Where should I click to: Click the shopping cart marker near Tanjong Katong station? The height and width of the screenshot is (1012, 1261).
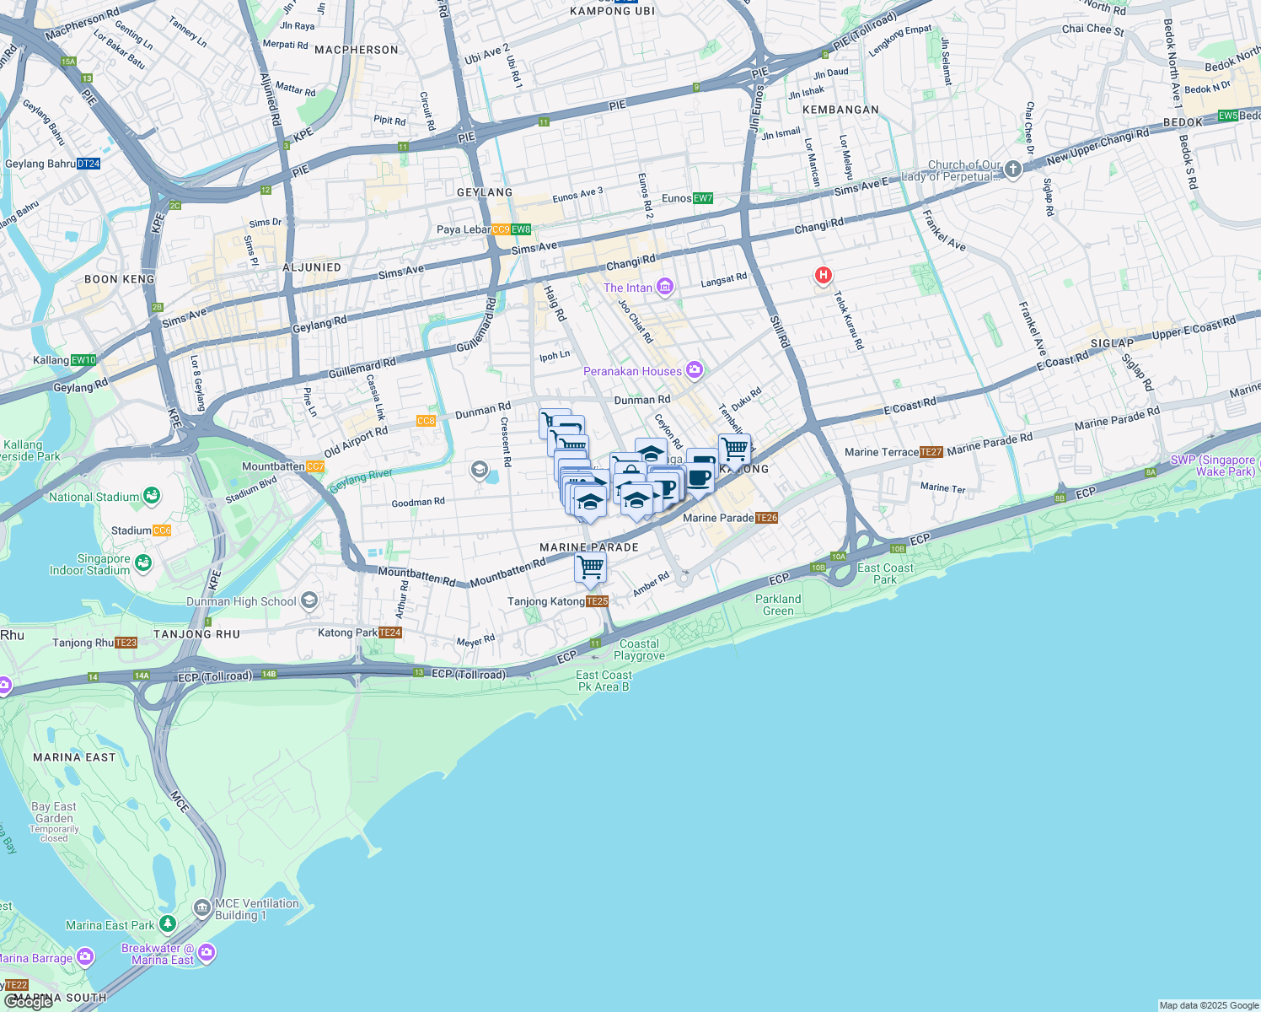click(x=590, y=568)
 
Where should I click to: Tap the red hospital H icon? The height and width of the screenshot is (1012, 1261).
click(x=823, y=275)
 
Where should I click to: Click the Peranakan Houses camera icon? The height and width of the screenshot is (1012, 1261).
click(x=694, y=369)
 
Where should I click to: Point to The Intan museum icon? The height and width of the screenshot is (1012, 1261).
click(x=665, y=287)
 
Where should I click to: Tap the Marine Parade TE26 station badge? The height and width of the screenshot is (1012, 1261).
click(x=766, y=518)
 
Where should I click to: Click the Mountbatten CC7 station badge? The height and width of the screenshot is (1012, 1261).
click(x=315, y=466)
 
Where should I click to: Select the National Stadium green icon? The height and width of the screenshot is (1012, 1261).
click(x=152, y=496)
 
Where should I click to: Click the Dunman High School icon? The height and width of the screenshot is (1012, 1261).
click(x=309, y=600)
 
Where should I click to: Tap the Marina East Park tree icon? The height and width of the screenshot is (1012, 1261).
click(x=168, y=924)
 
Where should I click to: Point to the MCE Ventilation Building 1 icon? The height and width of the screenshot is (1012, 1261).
click(x=201, y=908)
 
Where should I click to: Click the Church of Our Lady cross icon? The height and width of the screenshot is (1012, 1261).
click(x=1013, y=170)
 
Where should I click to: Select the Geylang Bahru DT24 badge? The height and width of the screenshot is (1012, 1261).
click(x=88, y=164)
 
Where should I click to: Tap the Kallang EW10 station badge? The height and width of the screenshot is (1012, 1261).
click(x=83, y=360)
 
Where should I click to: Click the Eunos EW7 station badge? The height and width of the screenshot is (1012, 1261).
click(x=702, y=198)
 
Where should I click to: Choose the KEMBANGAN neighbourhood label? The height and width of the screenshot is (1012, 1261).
click(x=840, y=110)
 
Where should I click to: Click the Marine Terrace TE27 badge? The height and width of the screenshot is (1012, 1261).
click(x=931, y=452)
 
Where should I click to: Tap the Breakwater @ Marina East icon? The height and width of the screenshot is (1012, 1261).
click(x=207, y=953)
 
